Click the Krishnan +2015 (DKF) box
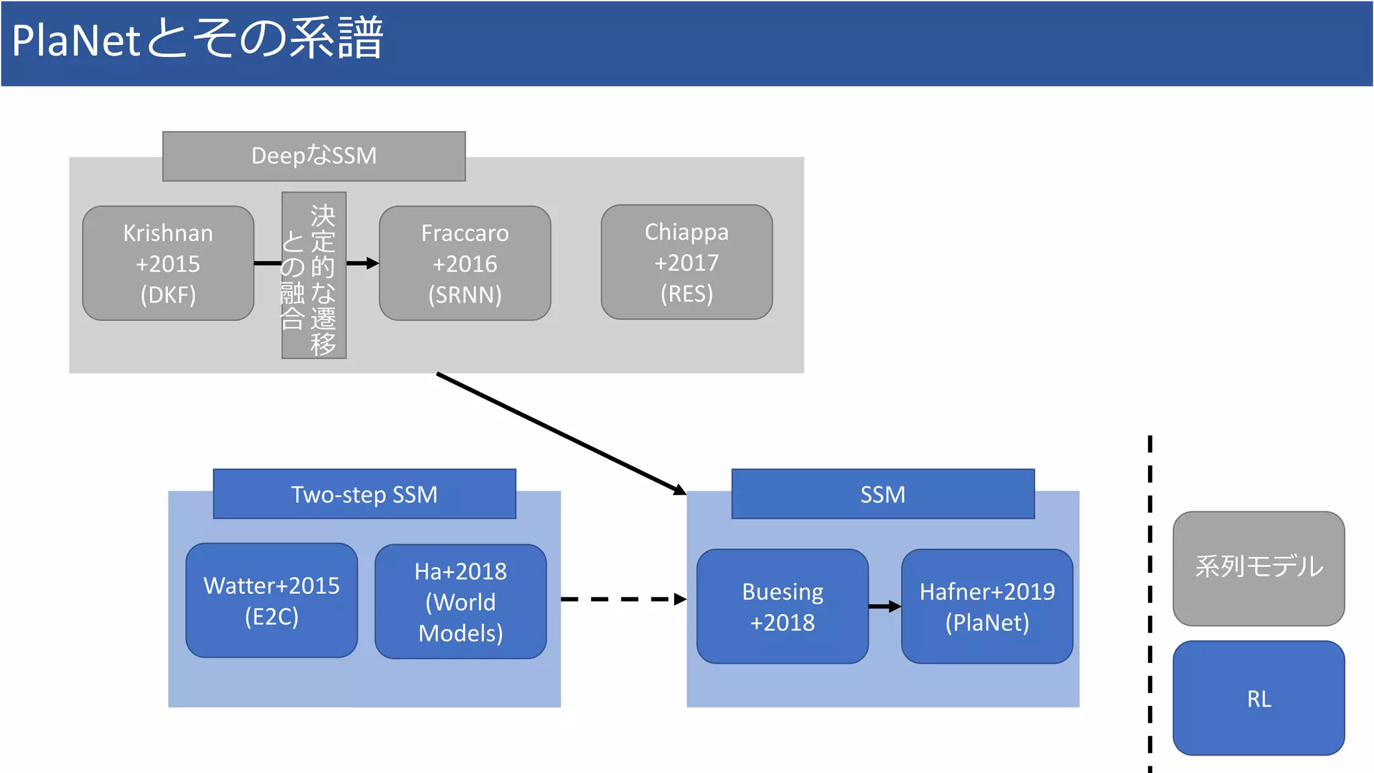click(168, 263)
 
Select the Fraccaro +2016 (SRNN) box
click(465, 263)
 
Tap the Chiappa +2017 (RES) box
click(686, 262)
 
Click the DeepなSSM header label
click(314, 156)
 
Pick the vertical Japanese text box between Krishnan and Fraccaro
click(314, 276)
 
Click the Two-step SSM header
click(364, 495)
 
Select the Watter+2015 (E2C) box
click(272, 601)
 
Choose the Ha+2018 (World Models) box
click(460, 602)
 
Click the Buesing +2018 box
click(782, 607)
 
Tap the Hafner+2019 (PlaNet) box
click(987, 607)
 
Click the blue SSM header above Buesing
click(883, 495)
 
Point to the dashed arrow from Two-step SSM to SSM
click(621, 599)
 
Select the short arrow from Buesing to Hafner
click(884, 607)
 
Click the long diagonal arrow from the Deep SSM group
click(560, 433)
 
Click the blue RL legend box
click(1259, 699)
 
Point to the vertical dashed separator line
click(1150, 604)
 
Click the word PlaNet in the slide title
click(76, 40)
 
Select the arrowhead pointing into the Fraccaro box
click(372, 263)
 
